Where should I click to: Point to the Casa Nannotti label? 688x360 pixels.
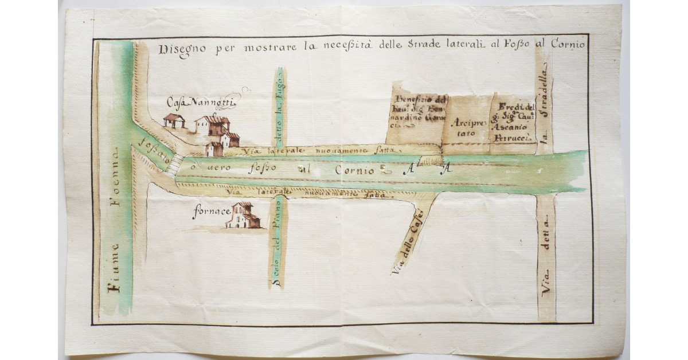[x=201, y=102]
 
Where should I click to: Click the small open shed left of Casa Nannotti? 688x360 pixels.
[x=174, y=120]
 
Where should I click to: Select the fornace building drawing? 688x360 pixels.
[x=244, y=216]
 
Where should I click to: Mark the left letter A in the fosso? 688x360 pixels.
[x=408, y=168]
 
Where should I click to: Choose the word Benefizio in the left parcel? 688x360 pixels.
[x=414, y=99]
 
